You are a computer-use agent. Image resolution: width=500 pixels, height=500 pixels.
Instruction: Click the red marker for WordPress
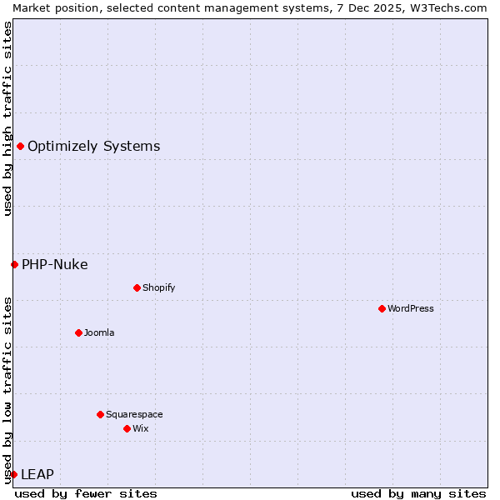click(382, 308)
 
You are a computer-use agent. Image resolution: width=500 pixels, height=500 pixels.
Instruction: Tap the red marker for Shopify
click(137, 287)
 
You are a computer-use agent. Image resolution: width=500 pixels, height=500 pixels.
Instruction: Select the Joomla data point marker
click(78, 332)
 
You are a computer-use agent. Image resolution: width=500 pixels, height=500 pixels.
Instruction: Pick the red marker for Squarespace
click(100, 414)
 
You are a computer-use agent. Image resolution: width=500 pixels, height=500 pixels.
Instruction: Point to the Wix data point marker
click(127, 428)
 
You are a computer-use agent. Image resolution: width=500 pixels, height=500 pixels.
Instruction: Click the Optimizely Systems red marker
click(20, 147)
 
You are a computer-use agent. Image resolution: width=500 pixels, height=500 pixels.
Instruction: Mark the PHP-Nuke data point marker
click(14, 264)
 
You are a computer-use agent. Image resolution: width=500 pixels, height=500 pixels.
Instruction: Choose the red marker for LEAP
click(13, 474)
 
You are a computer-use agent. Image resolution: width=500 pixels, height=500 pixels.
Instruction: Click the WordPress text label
click(411, 308)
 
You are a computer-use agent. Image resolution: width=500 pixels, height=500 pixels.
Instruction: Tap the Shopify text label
click(159, 287)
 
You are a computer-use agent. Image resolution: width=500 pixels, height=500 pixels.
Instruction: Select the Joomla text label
click(99, 332)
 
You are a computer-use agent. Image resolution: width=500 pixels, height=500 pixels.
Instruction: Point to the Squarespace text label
click(134, 414)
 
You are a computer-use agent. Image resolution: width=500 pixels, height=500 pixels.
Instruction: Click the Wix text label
click(141, 428)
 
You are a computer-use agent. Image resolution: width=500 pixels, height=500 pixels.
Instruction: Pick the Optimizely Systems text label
click(94, 147)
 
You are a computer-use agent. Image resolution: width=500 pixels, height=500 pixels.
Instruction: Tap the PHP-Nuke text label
click(55, 265)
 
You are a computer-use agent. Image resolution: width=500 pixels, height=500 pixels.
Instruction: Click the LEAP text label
click(37, 475)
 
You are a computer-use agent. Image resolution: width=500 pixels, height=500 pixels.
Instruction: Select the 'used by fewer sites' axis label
click(86, 493)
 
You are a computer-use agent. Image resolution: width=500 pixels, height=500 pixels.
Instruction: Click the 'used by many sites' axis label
click(418, 493)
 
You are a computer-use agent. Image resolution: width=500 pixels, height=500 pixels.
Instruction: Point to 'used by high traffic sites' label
click(7, 118)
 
